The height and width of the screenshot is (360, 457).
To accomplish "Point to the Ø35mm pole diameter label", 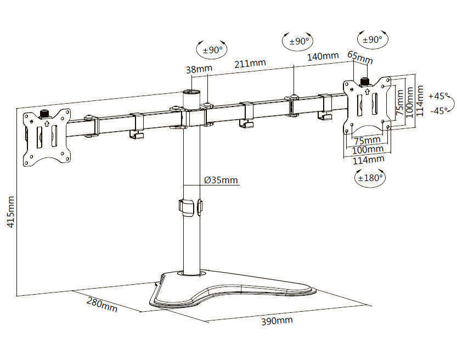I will point(221,180).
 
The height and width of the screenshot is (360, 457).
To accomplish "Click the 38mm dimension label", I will point(199,69).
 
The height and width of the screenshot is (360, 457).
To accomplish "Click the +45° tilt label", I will point(439,95).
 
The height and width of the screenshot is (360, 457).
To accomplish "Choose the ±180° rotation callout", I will point(370,178).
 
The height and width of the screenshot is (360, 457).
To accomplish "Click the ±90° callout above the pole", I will point(211,49).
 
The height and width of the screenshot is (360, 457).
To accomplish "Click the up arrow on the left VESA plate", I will point(47,124).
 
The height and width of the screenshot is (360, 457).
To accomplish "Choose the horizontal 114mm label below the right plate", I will point(368,160).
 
